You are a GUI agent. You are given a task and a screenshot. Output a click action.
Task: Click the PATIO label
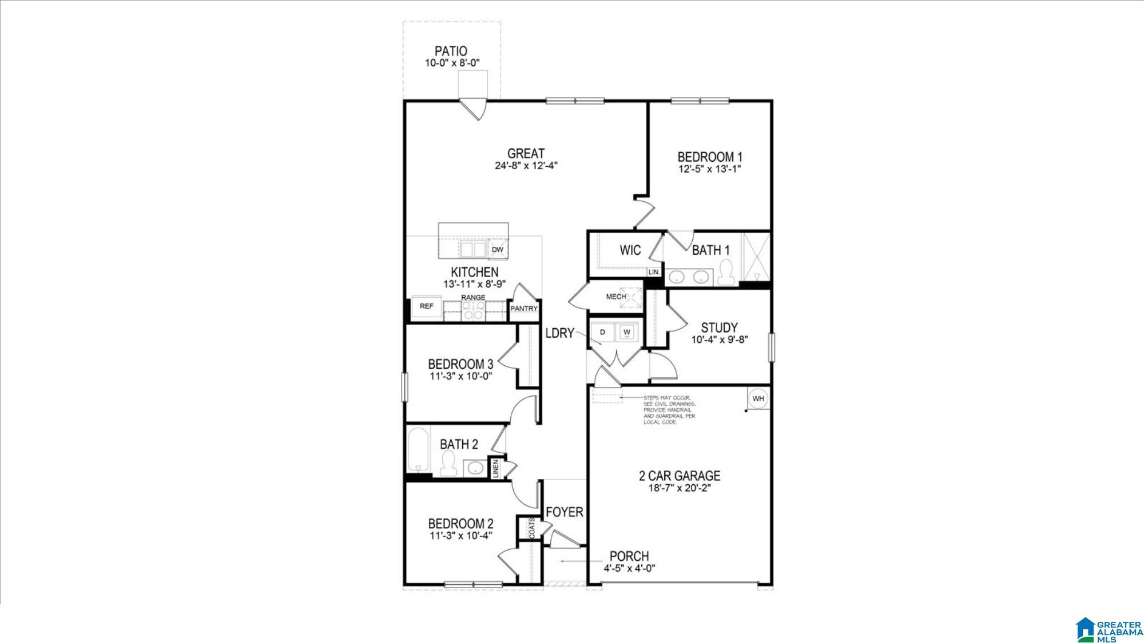(x=451, y=51)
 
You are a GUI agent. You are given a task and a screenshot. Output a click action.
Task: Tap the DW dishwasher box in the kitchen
(x=497, y=250)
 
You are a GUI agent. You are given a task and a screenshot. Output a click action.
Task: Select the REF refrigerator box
(x=427, y=306)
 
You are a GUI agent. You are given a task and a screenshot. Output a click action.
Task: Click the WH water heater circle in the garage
(x=758, y=398)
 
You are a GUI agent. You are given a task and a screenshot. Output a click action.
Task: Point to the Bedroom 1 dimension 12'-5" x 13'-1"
(x=710, y=169)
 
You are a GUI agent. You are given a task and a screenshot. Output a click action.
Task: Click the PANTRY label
(x=524, y=309)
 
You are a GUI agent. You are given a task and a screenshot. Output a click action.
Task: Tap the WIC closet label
(x=630, y=250)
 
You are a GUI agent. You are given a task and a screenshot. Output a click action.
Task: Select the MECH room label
(x=615, y=297)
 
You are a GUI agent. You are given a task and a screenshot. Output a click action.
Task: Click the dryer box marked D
(x=602, y=332)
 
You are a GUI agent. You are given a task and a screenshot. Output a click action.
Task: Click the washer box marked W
(x=627, y=332)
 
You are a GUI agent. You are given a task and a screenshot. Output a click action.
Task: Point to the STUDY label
(x=719, y=328)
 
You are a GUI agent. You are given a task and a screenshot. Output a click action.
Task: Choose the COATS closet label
(x=532, y=528)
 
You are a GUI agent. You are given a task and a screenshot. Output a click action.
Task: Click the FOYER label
(x=564, y=512)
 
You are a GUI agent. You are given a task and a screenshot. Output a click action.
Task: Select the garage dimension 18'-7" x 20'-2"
(x=680, y=488)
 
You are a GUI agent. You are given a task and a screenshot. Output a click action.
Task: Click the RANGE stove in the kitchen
(x=474, y=310)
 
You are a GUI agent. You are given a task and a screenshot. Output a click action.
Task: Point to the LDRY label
(x=559, y=333)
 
